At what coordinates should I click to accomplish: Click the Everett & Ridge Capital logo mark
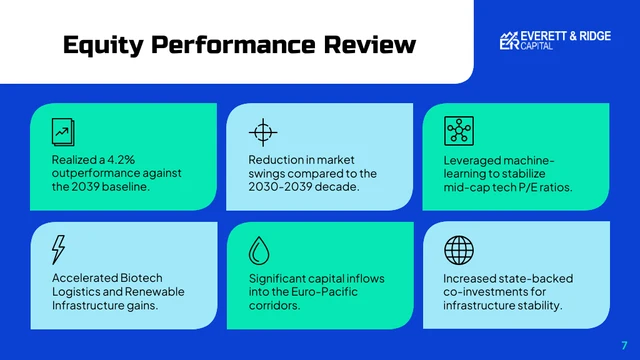tap(509, 40)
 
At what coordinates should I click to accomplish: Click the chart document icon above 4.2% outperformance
tap(63, 130)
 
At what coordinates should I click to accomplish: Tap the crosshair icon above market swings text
tap(261, 131)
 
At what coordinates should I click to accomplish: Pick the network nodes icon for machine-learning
tap(458, 130)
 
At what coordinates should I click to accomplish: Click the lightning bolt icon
tap(59, 248)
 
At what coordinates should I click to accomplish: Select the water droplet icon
tap(261, 249)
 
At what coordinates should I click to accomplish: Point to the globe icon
tap(458, 248)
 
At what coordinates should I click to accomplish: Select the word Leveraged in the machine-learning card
tap(474, 159)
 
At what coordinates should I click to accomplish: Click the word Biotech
tap(140, 277)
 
